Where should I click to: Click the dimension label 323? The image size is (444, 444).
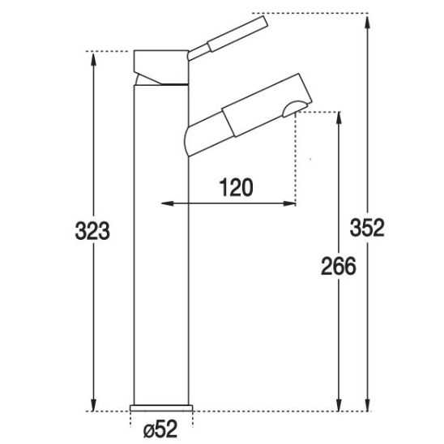click(92, 231)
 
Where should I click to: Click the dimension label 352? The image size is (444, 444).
click(367, 228)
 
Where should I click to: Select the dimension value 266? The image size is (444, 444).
click(339, 267)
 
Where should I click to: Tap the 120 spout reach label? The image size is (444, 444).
click(236, 187)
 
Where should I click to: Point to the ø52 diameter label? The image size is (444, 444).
click(160, 429)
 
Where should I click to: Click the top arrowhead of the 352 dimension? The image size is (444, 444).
click(367, 22)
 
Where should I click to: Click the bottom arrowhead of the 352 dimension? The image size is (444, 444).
click(367, 404)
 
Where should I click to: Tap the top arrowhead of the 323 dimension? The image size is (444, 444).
click(93, 59)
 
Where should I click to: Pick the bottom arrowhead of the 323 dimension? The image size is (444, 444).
click(93, 404)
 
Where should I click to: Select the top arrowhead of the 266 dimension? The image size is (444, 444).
click(339, 118)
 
